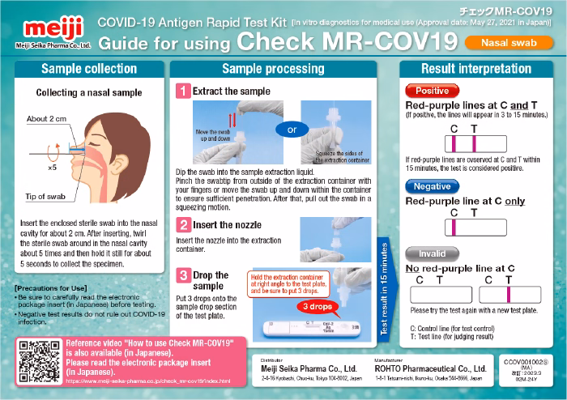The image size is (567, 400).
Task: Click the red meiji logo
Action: [40, 23]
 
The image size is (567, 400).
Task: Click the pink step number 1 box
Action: [184, 91]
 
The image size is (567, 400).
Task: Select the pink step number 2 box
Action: [184, 225]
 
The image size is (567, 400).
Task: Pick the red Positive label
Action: [431, 91]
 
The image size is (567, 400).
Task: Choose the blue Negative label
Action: [433, 186]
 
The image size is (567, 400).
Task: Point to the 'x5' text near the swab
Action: [52, 168]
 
